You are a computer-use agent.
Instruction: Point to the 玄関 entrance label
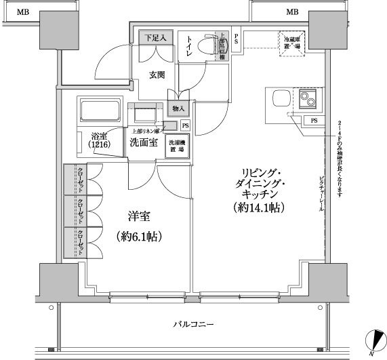[157, 75]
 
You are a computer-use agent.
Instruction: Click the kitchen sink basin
[279, 100]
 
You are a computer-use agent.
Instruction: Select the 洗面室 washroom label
[144, 142]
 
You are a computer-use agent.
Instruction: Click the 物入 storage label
[178, 108]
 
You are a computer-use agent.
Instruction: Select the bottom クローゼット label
[80, 242]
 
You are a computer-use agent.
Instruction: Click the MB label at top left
[23, 12]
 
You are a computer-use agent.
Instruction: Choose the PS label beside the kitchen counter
[313, 121]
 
